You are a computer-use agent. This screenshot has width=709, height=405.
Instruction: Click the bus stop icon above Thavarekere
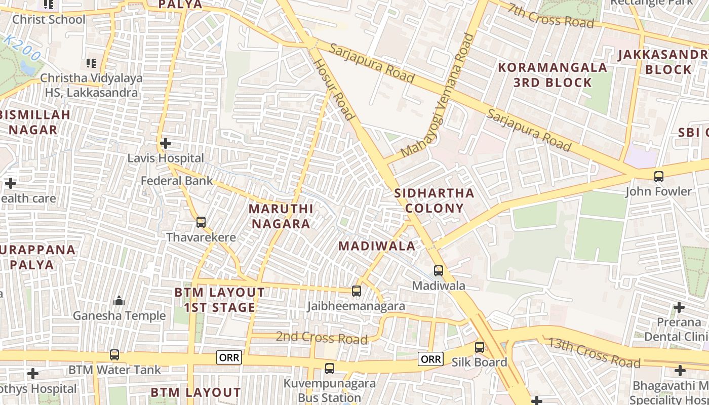click(x=201, y=222)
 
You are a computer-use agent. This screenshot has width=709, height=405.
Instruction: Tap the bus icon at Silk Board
click(x=480, y=347)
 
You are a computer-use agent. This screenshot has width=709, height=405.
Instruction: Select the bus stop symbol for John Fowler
click(x=658, y=177)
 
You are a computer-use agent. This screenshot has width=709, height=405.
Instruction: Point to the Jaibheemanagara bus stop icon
click(x=357, y=291)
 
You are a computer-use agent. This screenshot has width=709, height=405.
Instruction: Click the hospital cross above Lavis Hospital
click(x=165, y=143)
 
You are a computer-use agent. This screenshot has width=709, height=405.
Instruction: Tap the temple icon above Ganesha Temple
click(x=119, y=301)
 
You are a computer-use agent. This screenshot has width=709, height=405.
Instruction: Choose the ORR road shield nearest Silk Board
click(x=430, y=359)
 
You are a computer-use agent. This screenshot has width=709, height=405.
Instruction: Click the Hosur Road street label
click(x=334, y=89)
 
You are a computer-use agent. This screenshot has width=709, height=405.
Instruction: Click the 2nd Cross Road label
click(x=322, y=337)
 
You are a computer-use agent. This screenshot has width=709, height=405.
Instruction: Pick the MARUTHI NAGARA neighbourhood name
click(x=281, y=216)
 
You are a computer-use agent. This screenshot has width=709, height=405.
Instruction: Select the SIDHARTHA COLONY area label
click(x=434, y=200)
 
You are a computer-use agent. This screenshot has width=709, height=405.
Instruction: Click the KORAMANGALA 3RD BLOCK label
click(x=553, y=75)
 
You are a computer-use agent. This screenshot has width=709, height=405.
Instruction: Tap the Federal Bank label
click(x=177, y=181)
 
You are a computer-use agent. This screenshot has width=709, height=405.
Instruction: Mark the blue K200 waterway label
click(x=22, y=49)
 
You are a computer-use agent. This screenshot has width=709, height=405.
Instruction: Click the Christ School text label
click(x=49, y=20)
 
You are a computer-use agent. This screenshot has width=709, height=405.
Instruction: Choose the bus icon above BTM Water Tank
click(x=114, y=355)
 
